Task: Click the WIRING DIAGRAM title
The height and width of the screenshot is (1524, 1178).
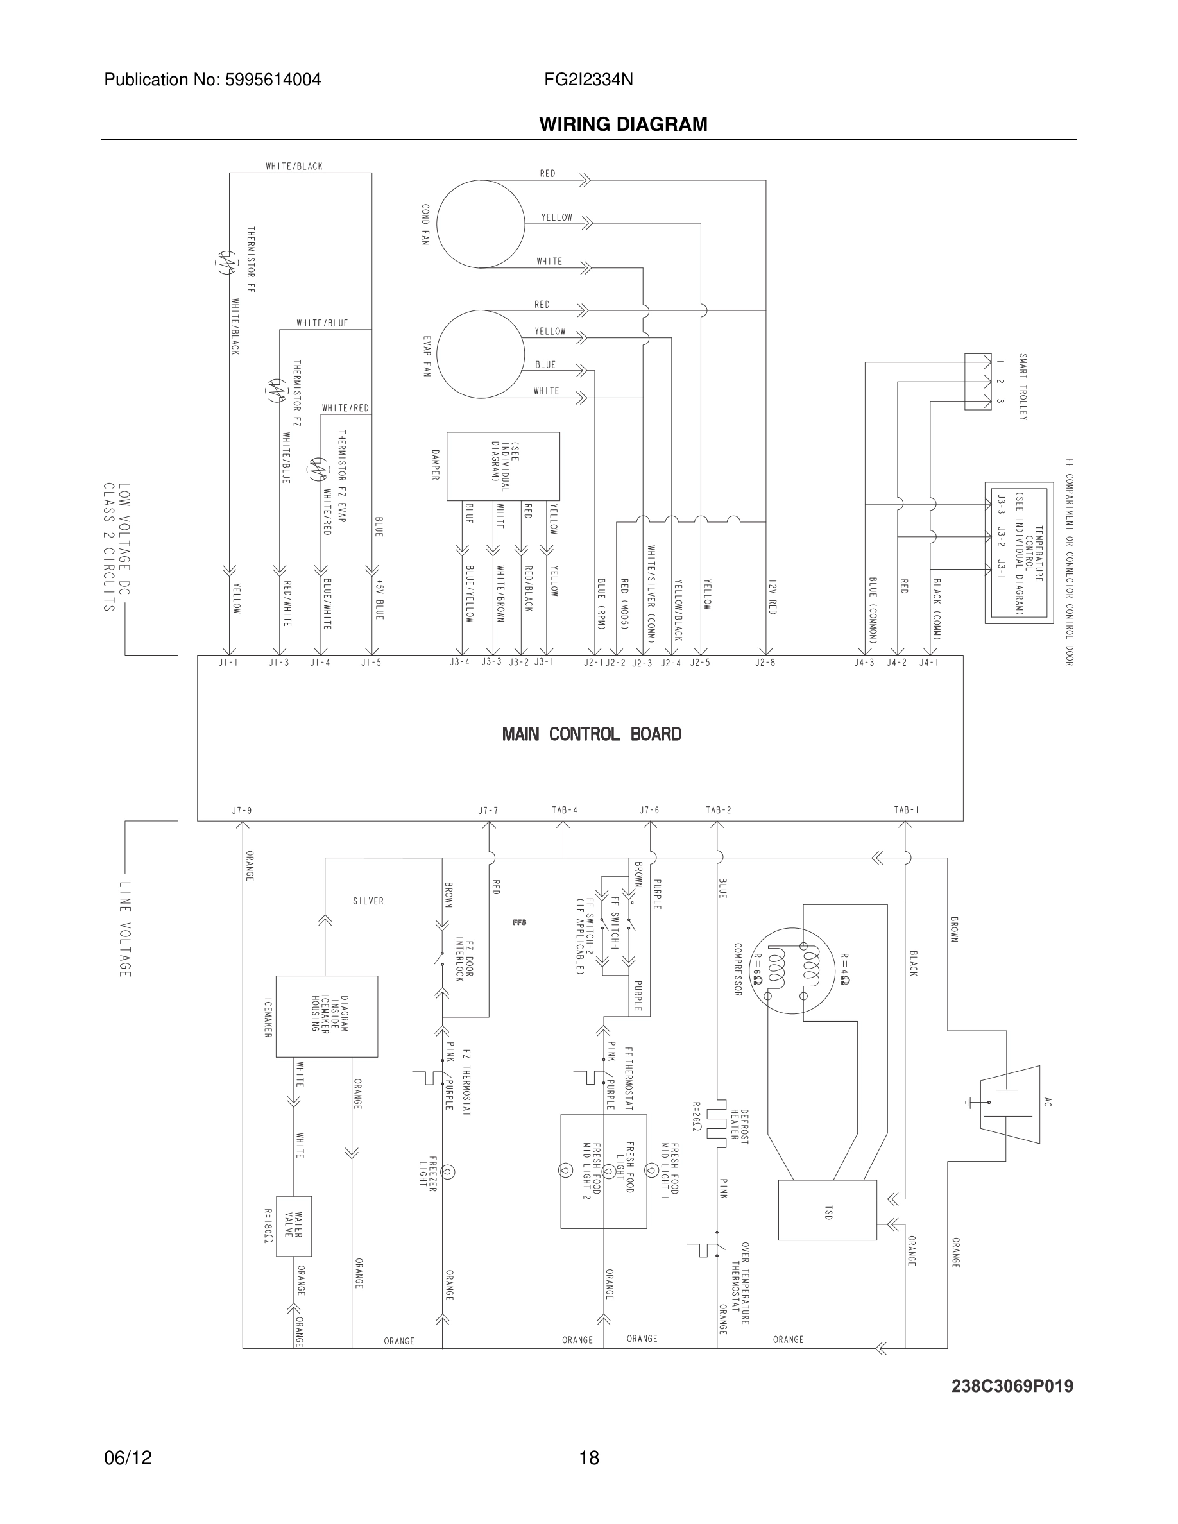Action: tap(622, 124)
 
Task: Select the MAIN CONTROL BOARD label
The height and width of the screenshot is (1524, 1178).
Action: tap(592, 734)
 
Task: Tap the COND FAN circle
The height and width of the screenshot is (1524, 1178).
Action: tap(480, 223)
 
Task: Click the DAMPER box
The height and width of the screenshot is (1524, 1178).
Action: tap(502, 466)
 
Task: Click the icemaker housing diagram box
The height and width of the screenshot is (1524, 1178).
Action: tap(327, 1016)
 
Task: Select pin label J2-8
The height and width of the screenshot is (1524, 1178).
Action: tap(765, 662)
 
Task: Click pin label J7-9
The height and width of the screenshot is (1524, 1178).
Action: tap(241, 811)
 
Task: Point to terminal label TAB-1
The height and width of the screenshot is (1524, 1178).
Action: tap(906, 810)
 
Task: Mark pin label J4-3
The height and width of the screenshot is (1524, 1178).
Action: tap(864, 662)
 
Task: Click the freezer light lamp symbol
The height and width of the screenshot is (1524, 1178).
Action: tap(448, 1173)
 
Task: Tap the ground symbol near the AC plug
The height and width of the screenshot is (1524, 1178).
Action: tap(969, 1103)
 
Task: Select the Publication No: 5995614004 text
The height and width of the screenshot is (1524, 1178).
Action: tap(212, 80)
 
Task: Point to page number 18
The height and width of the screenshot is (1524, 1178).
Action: tap(589, 1458)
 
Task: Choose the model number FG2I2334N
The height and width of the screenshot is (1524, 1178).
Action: tap(588, 80)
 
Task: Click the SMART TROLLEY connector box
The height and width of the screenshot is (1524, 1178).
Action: tap(977, 381)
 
